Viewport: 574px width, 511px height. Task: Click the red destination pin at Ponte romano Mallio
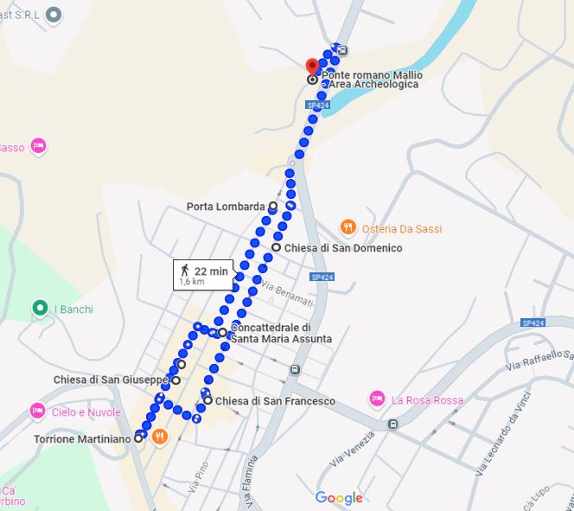[313, 66]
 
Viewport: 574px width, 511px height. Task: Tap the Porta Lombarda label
[225, 207]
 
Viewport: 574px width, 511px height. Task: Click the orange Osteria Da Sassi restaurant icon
[348, 228]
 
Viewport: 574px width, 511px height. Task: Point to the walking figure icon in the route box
[184, 270]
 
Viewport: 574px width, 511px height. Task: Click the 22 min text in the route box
[211, 271]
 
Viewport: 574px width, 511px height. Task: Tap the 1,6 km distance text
[191, 282]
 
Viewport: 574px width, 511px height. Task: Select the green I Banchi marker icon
[39, 309]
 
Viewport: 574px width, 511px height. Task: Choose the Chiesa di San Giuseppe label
[110, 380]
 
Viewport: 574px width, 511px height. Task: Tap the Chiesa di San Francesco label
[274, 401]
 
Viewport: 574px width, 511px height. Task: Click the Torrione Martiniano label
[82, 439]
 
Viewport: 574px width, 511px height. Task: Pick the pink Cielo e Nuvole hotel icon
[37, 411]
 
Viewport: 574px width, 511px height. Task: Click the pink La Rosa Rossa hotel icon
[377, 399]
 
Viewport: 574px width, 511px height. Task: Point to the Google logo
[338, 498]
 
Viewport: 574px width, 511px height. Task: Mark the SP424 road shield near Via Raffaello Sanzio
[533, 323]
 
